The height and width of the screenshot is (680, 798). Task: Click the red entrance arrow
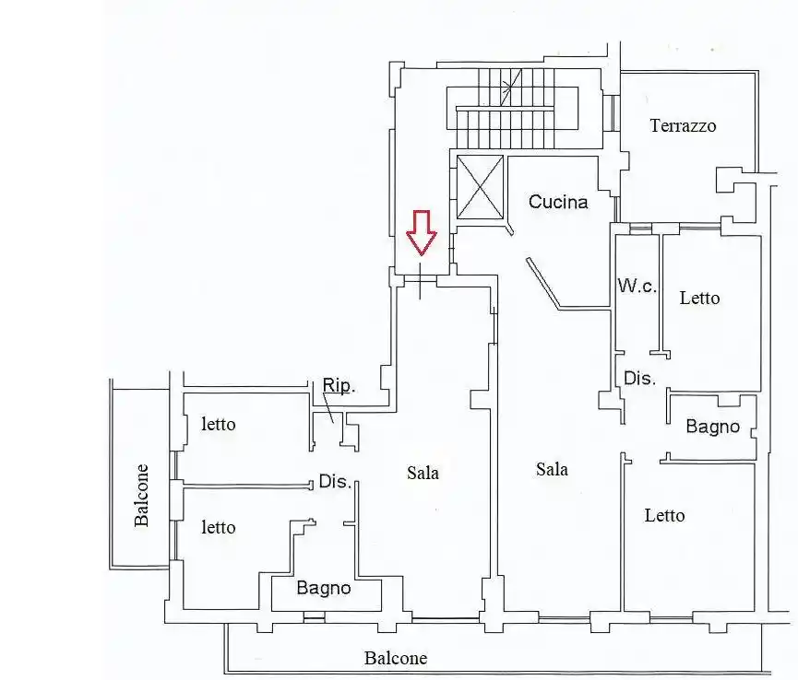(x=422, y=232)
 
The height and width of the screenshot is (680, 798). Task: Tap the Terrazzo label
(x=683, y=125)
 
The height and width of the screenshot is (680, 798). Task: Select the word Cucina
(x=558, y=202)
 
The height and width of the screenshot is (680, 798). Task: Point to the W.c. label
(x=637, y=286)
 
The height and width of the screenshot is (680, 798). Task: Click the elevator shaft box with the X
(x=480, y=188)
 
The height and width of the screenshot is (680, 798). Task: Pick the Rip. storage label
(x=339, y=386)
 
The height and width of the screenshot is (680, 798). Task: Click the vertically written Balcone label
(x=141, y=495)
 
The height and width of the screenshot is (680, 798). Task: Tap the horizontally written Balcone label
(x=396, y=658)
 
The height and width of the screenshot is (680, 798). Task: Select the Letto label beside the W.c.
(x=699, y=298)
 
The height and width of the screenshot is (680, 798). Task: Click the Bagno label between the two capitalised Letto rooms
(x=712, y=427)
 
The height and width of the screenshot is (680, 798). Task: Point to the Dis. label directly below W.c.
(x=639, y=378)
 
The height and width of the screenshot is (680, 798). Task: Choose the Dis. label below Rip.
(x=336, y=481)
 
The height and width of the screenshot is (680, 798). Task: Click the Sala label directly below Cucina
(x=552, y=469)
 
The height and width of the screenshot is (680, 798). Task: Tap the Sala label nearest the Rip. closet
(x=423, y=474)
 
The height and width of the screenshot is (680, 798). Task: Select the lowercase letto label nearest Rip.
(x=219, y=424)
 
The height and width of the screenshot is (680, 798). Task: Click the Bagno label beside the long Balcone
(x=324, y=588)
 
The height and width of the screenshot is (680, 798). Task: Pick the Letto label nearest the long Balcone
(x=664, y=515)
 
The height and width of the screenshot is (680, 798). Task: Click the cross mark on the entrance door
(x=420, y=280)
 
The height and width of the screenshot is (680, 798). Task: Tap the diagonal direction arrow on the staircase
(x=511, y=88)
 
